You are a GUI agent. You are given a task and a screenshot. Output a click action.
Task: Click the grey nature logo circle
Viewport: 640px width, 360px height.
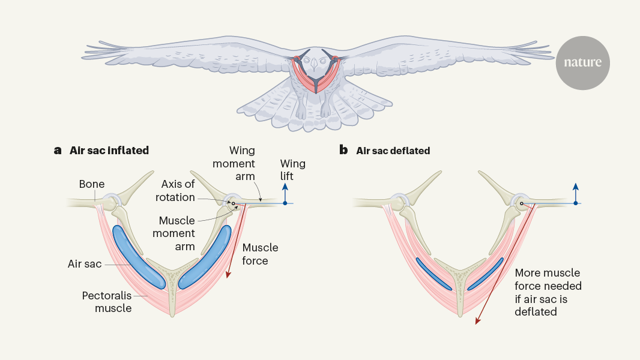583,62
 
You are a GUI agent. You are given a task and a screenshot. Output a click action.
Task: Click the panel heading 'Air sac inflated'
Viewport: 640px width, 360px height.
109,151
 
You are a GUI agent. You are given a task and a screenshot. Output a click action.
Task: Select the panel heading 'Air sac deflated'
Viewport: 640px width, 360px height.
393,151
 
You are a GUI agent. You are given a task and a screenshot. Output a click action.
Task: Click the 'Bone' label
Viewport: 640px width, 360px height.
92,184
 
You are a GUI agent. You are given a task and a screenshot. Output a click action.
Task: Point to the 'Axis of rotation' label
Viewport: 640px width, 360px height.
178,191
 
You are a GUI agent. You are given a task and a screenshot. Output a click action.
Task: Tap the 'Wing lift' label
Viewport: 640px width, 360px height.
293,170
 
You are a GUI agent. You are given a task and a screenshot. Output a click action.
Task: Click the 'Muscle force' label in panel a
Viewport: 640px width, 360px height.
260,254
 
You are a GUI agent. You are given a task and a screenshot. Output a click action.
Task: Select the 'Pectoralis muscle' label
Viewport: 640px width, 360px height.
107,302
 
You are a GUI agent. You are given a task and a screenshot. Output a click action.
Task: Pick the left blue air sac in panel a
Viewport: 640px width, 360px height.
136,256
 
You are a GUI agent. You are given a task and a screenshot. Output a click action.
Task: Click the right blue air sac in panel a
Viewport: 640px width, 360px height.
207,256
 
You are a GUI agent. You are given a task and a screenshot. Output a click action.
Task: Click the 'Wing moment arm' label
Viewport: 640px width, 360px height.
242,163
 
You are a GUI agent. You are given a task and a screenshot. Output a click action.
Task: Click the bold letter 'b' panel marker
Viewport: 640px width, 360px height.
343,150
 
